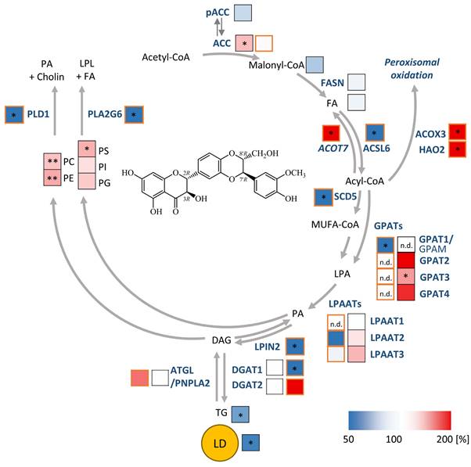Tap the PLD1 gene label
tap(38, 114)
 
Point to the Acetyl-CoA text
tap(166, 57)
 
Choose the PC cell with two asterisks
tap(52, 163)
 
